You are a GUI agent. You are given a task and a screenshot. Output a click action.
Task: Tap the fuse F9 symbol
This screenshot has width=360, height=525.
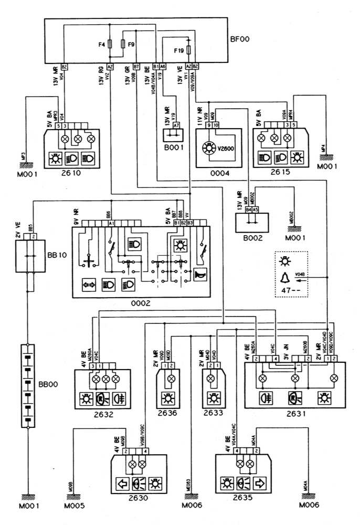coord(123,45)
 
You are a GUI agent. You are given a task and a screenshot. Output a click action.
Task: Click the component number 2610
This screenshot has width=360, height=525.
coord(72,171)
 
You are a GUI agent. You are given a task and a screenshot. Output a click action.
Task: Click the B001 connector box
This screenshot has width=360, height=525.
coord(173,138)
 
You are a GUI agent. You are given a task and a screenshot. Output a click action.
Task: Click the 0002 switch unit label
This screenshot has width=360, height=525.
coord(141,303)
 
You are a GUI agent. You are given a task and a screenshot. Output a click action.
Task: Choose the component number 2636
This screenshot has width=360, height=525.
coord(170,413)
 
